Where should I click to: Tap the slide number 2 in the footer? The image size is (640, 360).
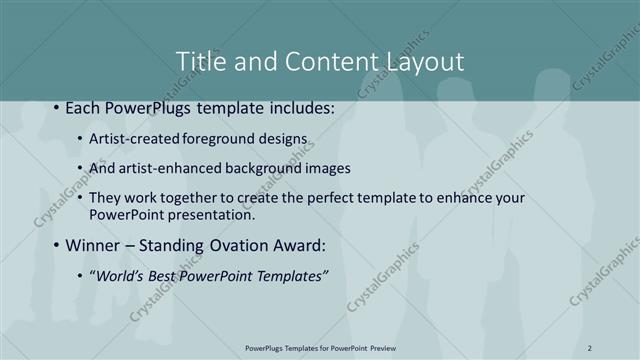[590, 347]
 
